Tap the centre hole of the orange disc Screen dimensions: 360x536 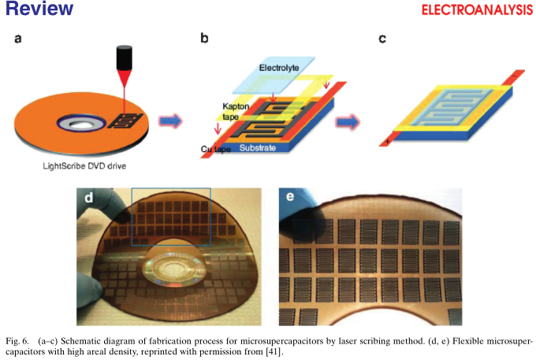coord(81,124)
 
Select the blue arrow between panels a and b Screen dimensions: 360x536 coord(169,121)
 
